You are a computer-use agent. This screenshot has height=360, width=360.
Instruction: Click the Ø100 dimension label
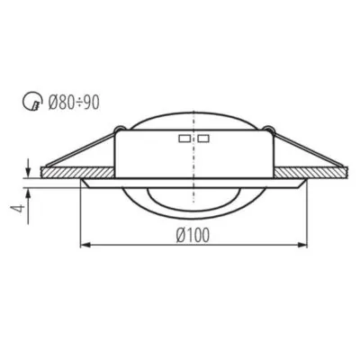tap(193, 235)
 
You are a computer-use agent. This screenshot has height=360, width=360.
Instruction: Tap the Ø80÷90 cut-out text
tap(74, 103)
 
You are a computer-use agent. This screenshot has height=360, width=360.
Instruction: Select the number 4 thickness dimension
tap(19, 208)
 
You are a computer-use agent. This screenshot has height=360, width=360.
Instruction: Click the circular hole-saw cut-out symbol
tap(31, 101)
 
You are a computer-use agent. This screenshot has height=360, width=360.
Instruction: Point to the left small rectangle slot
tap(184, 139)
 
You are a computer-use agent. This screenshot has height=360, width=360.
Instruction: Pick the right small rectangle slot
tap(203, 139)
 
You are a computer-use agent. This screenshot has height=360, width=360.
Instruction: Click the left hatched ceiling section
tap(77, 172)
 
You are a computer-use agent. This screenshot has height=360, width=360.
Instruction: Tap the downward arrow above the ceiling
tap(28, 168)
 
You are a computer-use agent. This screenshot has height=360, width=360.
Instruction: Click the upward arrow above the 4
tap(28, 206)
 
